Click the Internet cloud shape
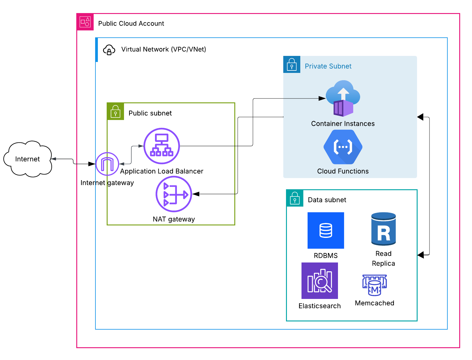[x=28, y=159]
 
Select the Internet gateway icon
[x=107, y=164]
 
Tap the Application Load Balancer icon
[x=162, y=146]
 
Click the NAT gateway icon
[x=174, y=194]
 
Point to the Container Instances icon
[x=343, y=99]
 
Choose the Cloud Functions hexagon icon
[x=343, y=147]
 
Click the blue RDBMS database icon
[x=326, y=230]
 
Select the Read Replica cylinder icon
[x=384, y=229]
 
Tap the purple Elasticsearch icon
[x=320, y=281]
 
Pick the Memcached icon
[x=374, y=285]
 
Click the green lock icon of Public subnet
[x=115, y=111]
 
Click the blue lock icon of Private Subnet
[x=292, y=64]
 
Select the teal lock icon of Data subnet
[x=295, y=198]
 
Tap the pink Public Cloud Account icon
[x=85, y=22]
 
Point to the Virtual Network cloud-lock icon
[x=109, y=50]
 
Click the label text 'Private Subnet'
[x=328, y=66]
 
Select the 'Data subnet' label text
[x=327, y=200]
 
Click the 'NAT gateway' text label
[x=174, y=219]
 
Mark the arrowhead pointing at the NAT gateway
[x=196, y=194]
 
